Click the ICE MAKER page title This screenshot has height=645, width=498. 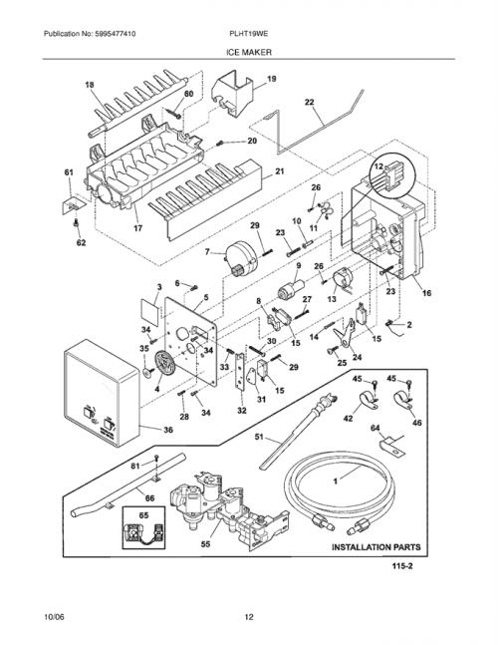[249, 52]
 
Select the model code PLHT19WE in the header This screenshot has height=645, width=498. [249, 34]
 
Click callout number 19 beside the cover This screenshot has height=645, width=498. [272, 79]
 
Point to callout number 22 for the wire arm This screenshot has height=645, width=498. [310, 102]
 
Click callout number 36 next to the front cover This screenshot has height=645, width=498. [168, 430]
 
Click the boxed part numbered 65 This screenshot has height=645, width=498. [143, 527]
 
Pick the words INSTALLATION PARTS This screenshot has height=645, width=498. [375, 547]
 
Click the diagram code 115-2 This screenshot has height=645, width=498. [401, 566]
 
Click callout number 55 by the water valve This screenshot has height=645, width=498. [205, 544]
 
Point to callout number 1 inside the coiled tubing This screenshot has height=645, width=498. [336, 481]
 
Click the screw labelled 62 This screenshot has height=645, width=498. [76, 223]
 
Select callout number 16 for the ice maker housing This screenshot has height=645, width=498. [426, 293]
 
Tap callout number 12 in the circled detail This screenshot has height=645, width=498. [378, 166]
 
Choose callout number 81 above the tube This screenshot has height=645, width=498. [135, 466]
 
